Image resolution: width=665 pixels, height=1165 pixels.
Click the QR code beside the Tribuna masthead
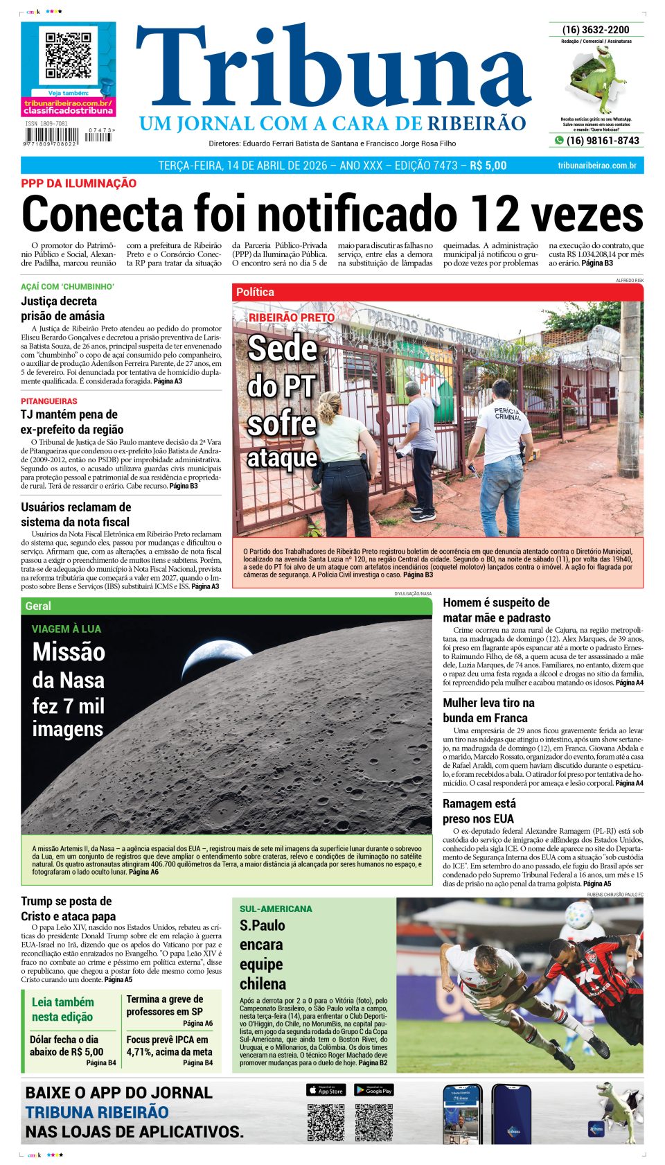(x=68, y=55)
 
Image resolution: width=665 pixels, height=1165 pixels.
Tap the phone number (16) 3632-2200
(x=596, y=30)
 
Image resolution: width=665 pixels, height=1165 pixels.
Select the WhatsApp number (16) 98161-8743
(x=602, y=141)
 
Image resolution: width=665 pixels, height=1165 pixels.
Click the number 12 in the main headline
(x=493, y=214)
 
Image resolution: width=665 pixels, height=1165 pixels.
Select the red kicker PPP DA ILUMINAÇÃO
(x=78, y=184)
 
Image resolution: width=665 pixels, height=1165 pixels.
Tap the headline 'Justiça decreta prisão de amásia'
(x=62, y=308)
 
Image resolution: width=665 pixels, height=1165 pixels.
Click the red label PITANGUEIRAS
(x=49, y=401)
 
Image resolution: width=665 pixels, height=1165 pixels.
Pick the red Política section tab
(x=255, y=292)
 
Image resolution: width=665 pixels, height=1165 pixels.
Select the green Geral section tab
(x=38, y=606)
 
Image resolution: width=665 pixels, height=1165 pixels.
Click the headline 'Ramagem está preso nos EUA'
(x=479, y=811)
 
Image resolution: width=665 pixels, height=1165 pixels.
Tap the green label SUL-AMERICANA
(x=276, y=909)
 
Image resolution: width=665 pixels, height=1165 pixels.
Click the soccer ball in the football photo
(x=579, y=917)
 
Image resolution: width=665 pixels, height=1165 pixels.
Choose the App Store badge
(x=326, y=1090)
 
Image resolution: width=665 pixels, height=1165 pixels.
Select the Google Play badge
(x=374, y=1090)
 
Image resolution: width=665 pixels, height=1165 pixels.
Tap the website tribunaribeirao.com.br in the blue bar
(x=596, y=166)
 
